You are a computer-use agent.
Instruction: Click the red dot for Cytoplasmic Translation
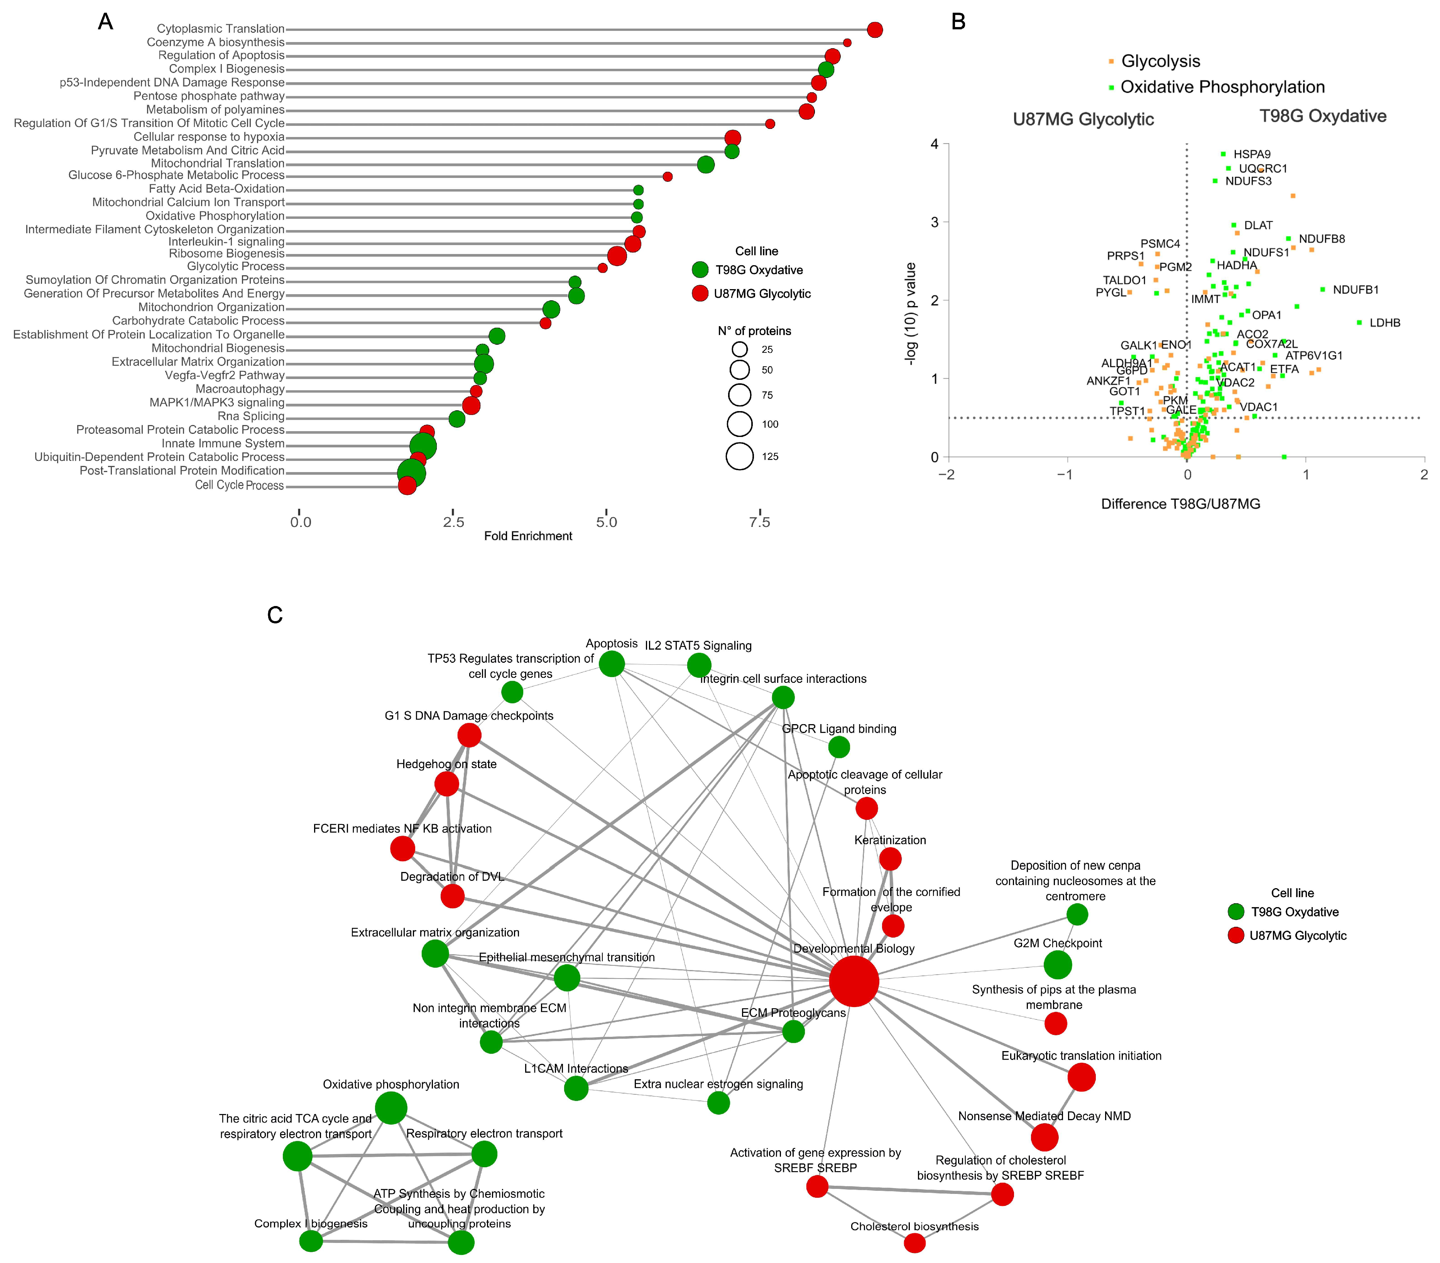pyautogui.click(x=874, y=30)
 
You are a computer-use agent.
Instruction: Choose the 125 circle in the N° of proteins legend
pyautogui.click(x=740, y=456)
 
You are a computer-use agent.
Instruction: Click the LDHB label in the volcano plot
pyautogui.click(x=1384, y=323)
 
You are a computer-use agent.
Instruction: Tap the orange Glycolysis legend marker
pyautogui.click(x=1111, y=62)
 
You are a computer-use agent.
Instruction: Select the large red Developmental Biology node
pyautogui.click(x=854, y=981)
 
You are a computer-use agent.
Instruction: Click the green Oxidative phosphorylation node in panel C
pyautogui.click(x=391, y=1108)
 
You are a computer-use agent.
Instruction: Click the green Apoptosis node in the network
pyautogui.click(x=612, y=663)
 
